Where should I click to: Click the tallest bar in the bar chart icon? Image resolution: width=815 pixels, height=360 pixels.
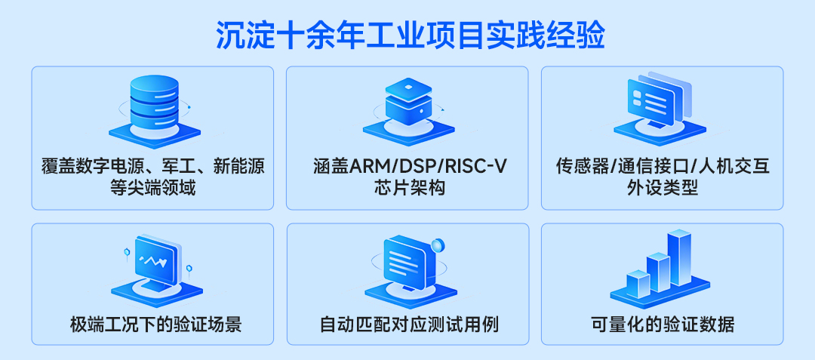[x=679, y=257]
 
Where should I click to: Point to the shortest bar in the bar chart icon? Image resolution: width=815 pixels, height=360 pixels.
[x=638, y=283]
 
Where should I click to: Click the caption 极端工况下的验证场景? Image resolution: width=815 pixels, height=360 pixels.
[x=155, y=325]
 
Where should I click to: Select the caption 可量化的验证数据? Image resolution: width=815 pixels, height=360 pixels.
[x=663, y=325]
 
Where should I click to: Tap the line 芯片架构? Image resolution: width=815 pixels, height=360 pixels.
[x=408, y=188]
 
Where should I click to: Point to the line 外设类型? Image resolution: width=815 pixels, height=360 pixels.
[x=663, y=188]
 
